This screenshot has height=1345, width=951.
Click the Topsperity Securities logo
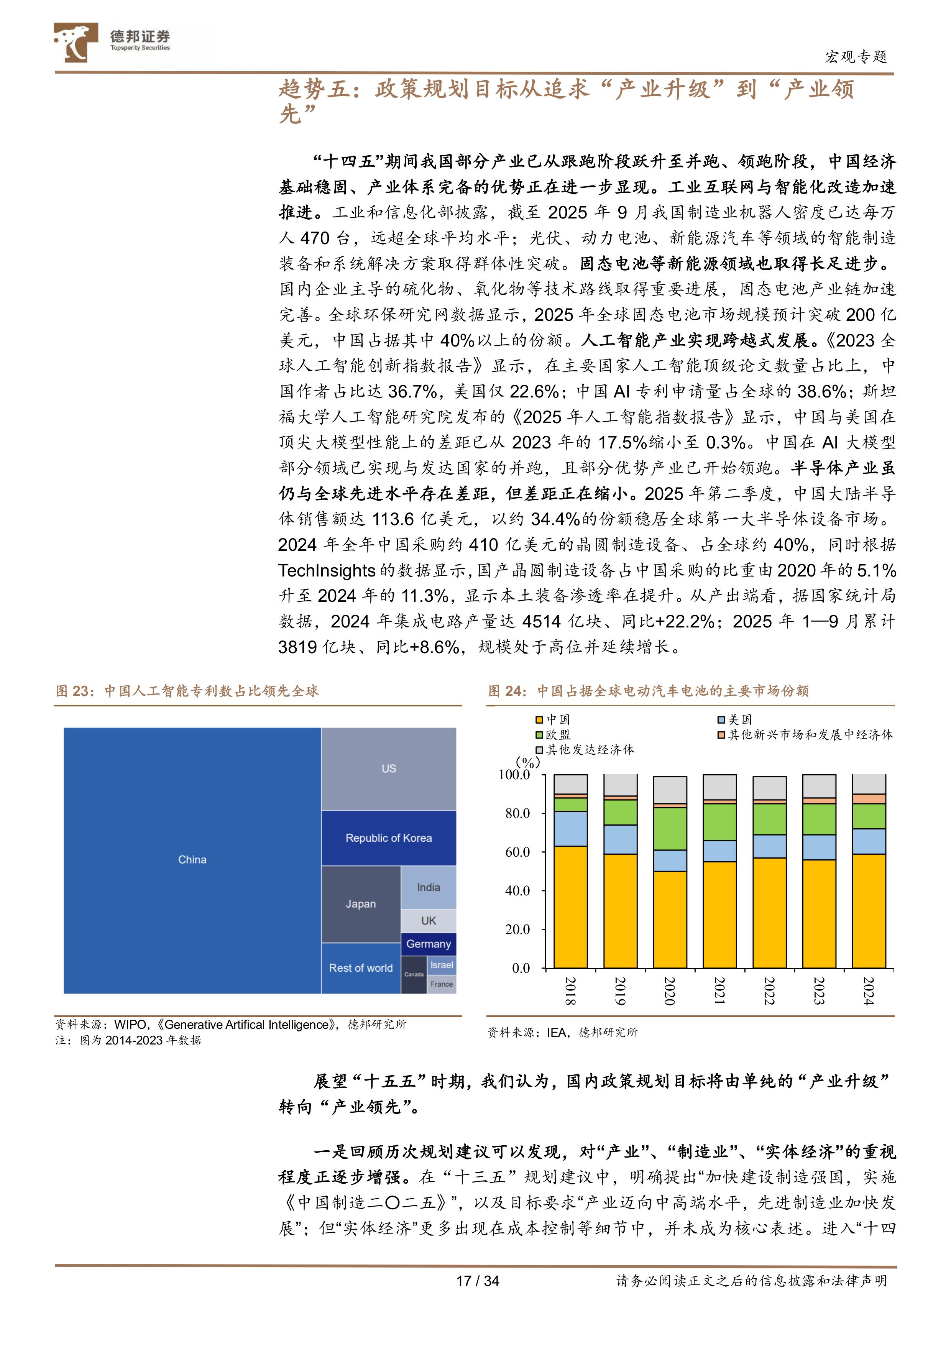point(111,42)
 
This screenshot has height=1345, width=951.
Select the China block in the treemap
point(192,859)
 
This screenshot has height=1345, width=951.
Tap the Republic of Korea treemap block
point(388,838)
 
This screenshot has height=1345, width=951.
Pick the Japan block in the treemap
point(360,904)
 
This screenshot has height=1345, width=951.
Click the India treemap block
point(428,887)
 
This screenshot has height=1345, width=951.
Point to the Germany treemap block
point(428,944)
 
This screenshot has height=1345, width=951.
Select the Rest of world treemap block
point(360,968)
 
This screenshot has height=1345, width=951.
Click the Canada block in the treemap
point(414,975)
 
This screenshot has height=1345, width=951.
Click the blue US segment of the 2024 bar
point(868,841)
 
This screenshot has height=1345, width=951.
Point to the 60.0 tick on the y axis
point(517,852)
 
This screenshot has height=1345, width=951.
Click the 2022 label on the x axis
point(769,990)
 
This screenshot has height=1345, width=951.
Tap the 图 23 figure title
point(187,691)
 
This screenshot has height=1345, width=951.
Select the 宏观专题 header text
point(856,57)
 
